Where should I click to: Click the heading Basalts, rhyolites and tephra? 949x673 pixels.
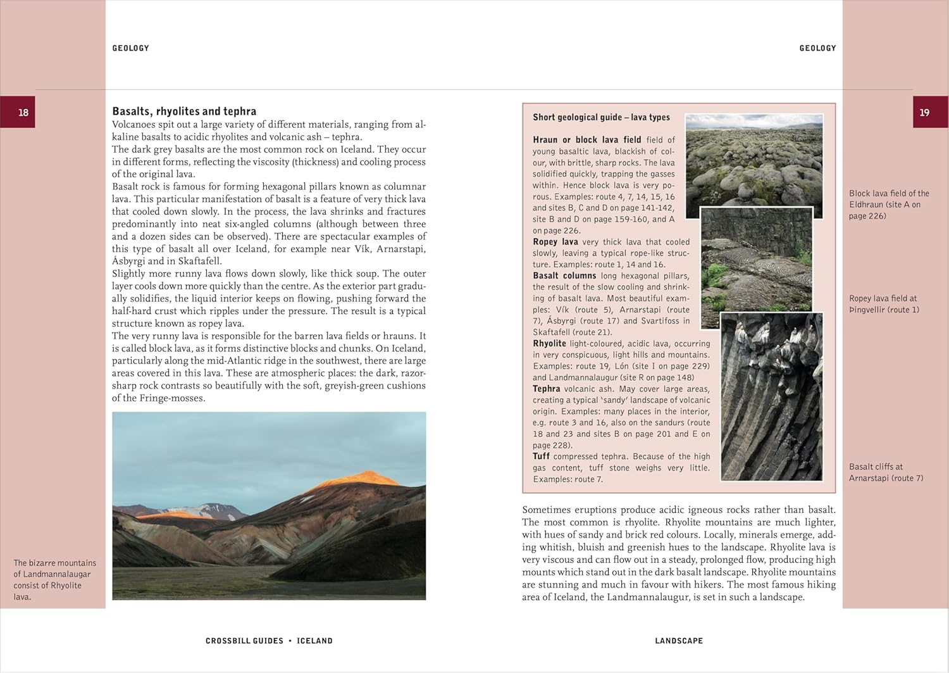pos(184,111)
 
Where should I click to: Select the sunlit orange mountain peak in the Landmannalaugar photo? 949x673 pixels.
pos(364,476)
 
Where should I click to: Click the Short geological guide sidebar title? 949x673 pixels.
pos(601,117)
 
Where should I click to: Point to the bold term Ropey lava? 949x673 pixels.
pos(555,242)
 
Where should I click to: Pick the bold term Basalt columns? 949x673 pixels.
pos(564,276)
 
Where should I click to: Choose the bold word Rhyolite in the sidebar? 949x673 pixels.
pos(549,344)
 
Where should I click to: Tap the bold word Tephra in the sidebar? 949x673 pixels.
pos(546,389)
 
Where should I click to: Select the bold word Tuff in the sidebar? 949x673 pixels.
pos(541,456)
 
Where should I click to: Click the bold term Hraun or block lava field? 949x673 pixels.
pos(586,140)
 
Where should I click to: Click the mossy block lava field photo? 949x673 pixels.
pos(754,161)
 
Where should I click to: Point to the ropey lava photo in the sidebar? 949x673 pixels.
pos(756,266)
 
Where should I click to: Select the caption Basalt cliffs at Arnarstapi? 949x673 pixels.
pos(886,472)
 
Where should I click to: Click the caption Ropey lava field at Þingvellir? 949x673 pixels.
pos(883,304)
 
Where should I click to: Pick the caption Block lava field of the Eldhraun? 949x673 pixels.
pos(888,204)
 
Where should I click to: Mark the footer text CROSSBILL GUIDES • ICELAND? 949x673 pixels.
pos(269,641)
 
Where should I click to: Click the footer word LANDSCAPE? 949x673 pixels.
pos(679,641)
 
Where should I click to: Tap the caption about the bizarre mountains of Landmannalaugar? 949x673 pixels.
pos(54,579)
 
